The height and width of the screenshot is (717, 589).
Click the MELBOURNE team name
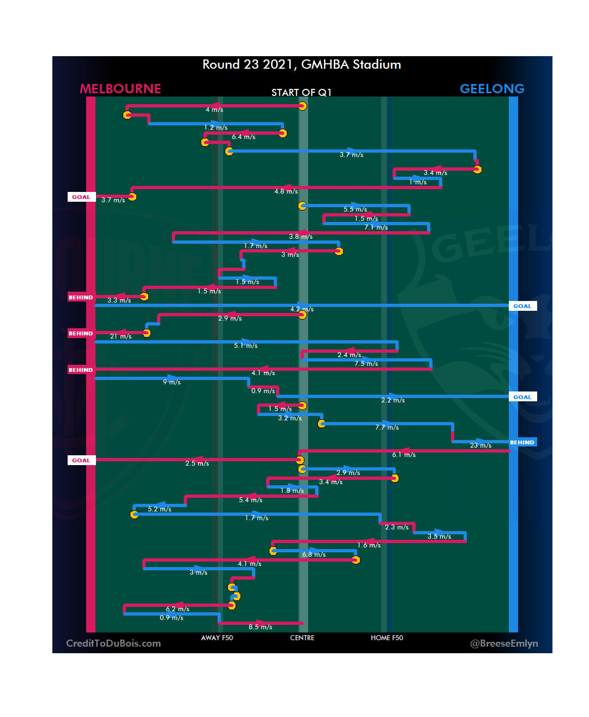point(121,89)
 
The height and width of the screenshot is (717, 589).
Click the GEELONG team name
point(492,89)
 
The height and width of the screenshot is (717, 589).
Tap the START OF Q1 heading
point(302,93)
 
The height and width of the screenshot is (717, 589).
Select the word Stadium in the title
point(377,64)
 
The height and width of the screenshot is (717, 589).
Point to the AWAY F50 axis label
point(217,638)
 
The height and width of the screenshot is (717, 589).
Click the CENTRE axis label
point(302,638)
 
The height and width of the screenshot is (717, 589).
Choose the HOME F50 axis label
point(387,638)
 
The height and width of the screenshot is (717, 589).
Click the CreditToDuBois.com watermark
point(113,643)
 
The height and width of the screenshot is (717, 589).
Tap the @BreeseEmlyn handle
point(504,643)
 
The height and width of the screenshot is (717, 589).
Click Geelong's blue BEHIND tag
point(522,443)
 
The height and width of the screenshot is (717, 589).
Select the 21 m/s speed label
point(121,336)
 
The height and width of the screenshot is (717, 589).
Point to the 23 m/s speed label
point(481,445)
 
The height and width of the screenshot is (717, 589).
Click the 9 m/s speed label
point(172,382)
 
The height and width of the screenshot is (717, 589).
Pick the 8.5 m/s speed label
point(261,627)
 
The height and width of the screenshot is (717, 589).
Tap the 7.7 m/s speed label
point(387,427)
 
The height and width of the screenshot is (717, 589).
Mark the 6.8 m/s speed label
point(314,555)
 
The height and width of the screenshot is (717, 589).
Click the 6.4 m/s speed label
point(244,137)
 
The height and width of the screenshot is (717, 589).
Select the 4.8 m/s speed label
point(286,191)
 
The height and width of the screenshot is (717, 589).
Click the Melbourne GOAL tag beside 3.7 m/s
point(81,197)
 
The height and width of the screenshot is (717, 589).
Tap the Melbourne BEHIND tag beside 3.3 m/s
point(81,298)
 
